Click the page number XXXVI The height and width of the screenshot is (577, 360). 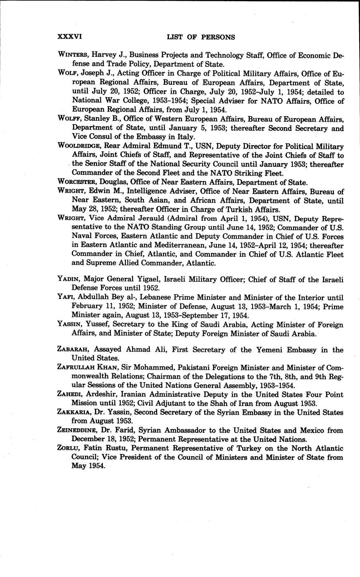click(70, 37)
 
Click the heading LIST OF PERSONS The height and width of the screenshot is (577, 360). click(201, 37)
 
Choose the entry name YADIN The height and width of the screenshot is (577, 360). click(69, 280)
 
